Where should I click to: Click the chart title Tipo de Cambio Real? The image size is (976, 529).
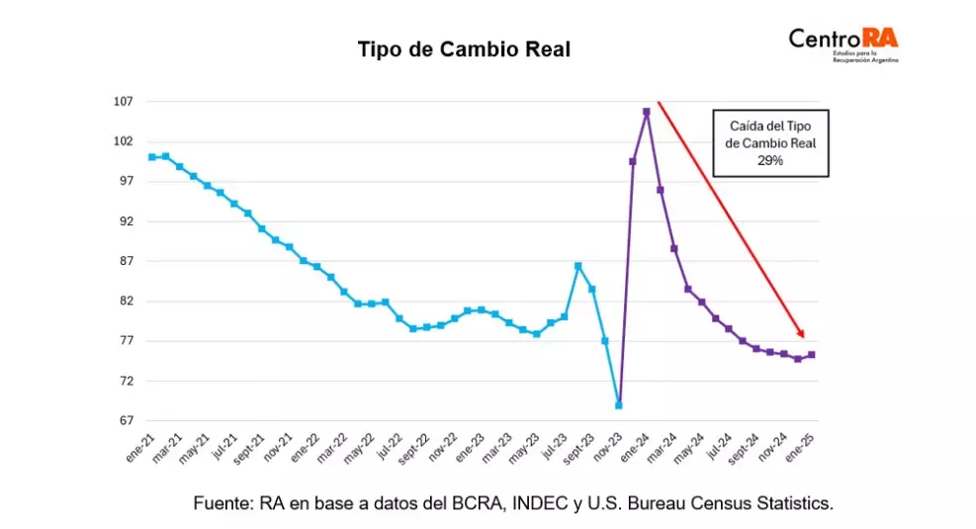point(464,49)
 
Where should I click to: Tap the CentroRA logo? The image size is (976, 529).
point(843,42)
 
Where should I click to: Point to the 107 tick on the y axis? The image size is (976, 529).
point(124,102)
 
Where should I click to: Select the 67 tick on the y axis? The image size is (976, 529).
point(127,421)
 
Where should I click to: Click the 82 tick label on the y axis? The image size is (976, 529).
point(127,302)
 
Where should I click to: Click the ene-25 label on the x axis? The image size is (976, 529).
point(800,449)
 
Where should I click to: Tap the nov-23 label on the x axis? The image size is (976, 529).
point(607,450)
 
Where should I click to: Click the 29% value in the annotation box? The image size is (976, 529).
point(771,159)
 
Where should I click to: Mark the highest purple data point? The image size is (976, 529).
point(646,112)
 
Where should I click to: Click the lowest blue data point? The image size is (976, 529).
point(619,405)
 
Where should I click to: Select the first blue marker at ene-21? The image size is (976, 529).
point(151,157)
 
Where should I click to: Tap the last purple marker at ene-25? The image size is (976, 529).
point(812,355)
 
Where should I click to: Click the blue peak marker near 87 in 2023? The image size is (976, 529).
point(577,266)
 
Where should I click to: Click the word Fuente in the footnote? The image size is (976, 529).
point(223,503)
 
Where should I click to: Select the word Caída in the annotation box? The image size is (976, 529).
point(749,126)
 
